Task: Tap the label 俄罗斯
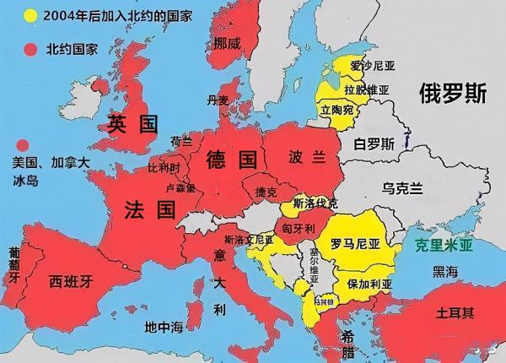[453, 95]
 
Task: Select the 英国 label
[133, 125]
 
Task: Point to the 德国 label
[230, 158]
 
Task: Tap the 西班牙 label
[70, 281]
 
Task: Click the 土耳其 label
[455, 312]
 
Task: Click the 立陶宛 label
[337, 110]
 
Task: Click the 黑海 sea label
[445, 271]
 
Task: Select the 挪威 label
[228, 42]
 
